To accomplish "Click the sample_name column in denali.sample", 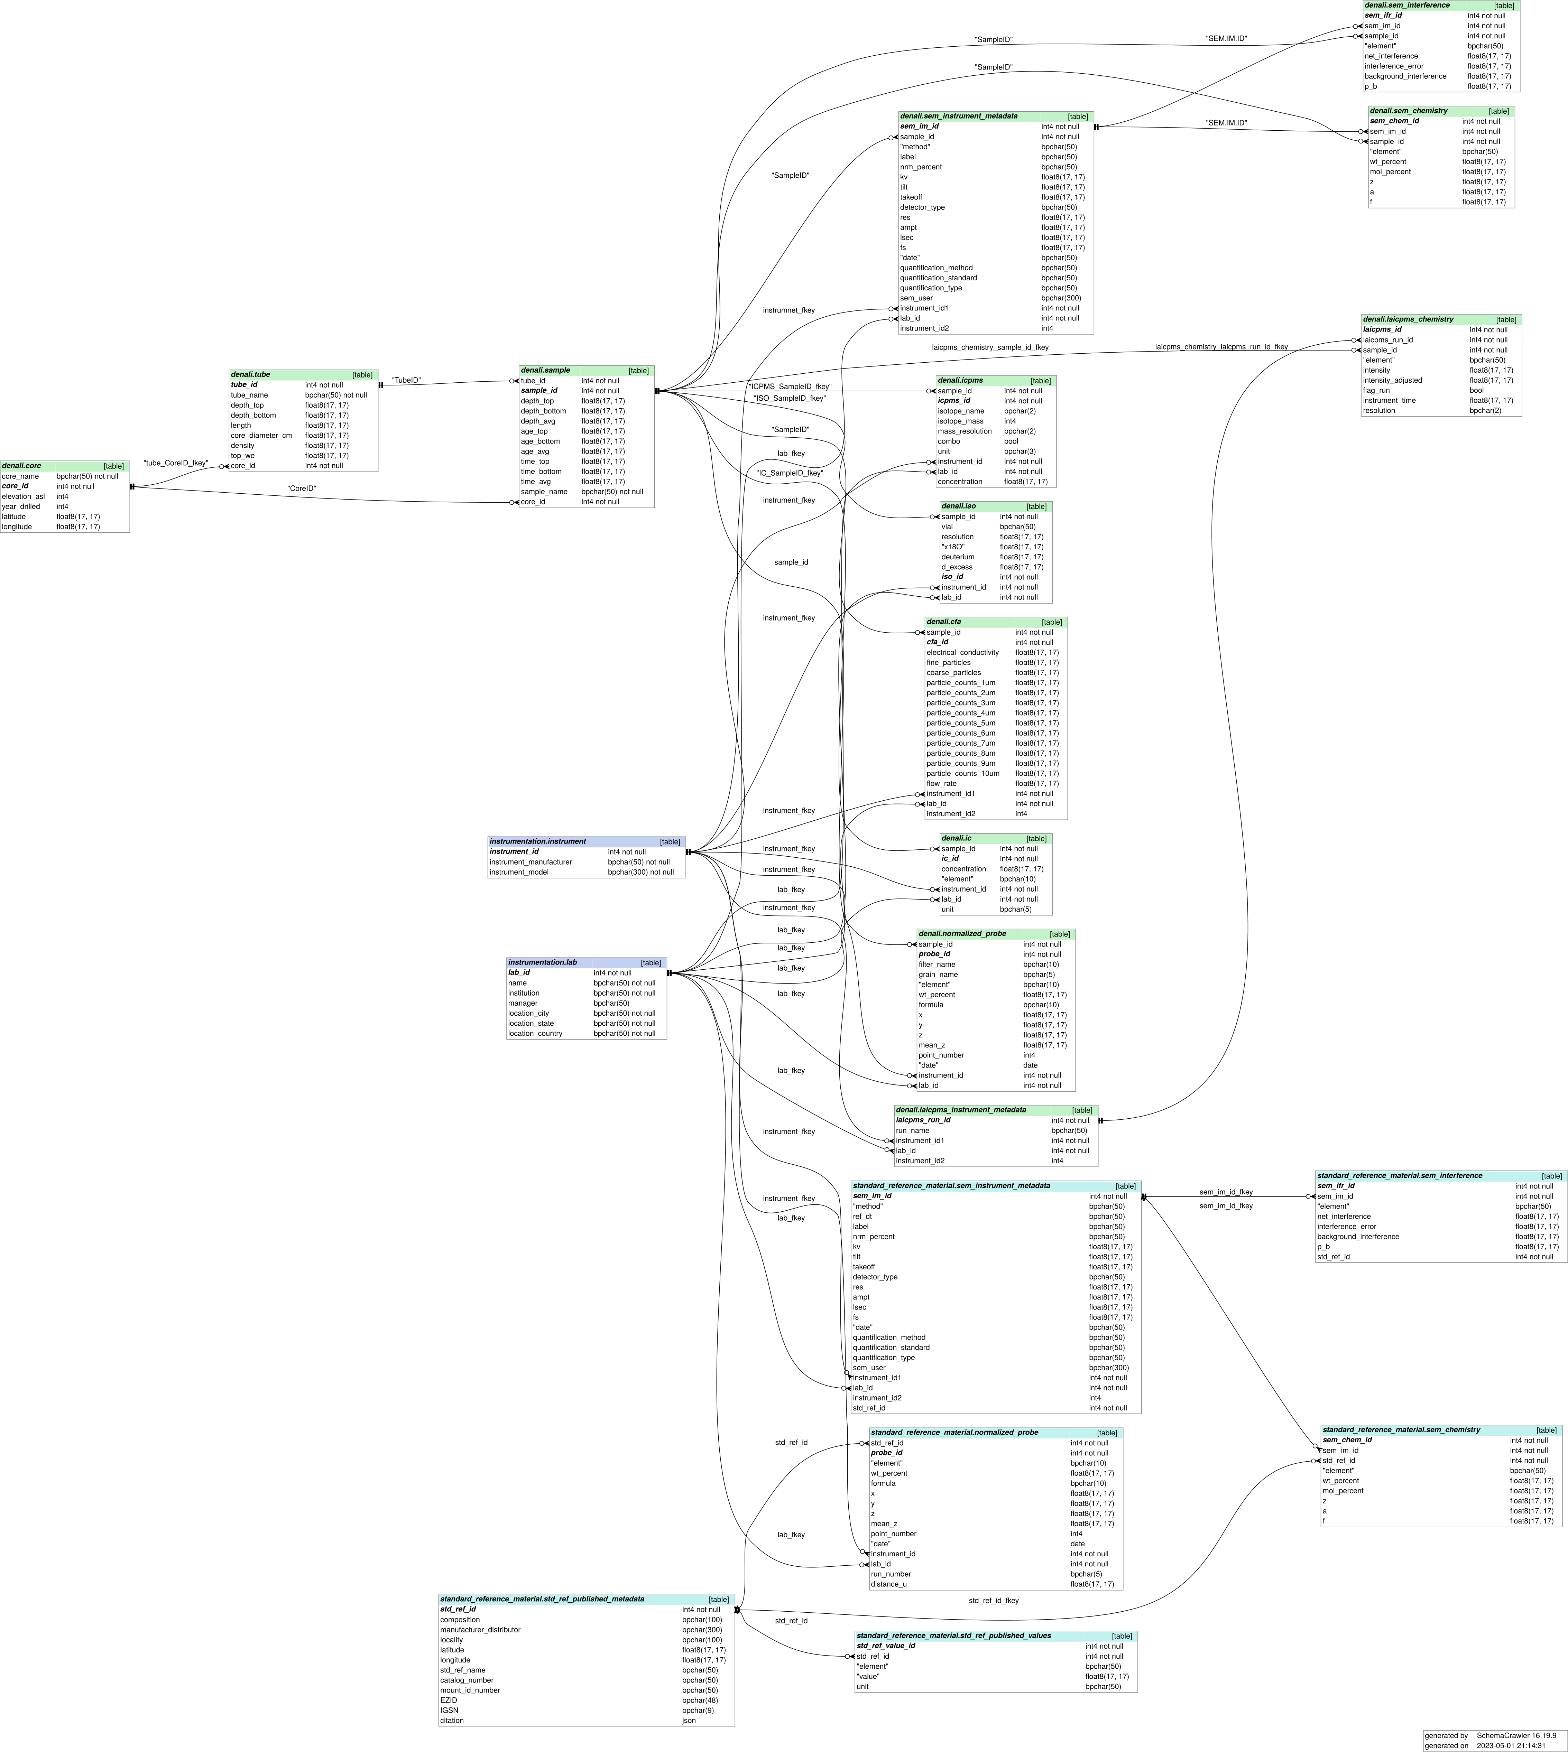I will pos(544,492).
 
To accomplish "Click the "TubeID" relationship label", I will pos(407,380).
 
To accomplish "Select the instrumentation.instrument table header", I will pos(538,841).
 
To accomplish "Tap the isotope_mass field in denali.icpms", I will pos(961,421).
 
